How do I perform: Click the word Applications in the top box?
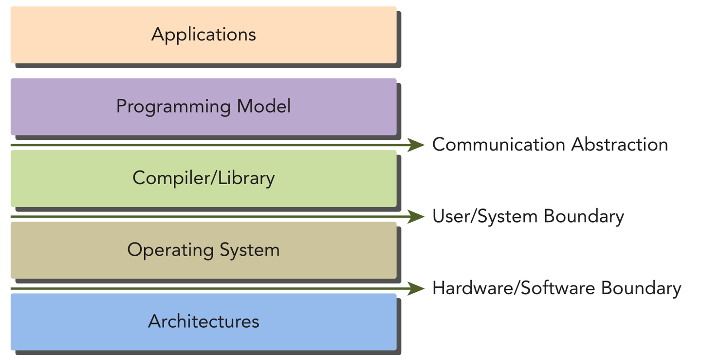pos(203,35)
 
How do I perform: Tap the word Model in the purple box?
pos(264,106)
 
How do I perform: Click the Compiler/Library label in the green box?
pos(203,178)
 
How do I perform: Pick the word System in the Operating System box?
pos(249,250)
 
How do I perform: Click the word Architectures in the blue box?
pos(203,322)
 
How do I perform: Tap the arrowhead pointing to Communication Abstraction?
pos(416,145)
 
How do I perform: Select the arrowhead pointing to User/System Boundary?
pos(416,216)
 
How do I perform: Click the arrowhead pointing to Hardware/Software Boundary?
pos(416,288)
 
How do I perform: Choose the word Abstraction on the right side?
pos(620,145)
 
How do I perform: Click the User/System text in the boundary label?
pos(485,216)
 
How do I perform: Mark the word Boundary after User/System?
pos(584,216)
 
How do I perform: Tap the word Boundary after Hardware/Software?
pos(641,288)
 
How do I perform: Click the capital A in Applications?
pos(158,35)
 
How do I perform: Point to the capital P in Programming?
pos(122,106)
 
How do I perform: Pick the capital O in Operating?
pos(135,250)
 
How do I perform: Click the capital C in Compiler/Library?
pos(139,178)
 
